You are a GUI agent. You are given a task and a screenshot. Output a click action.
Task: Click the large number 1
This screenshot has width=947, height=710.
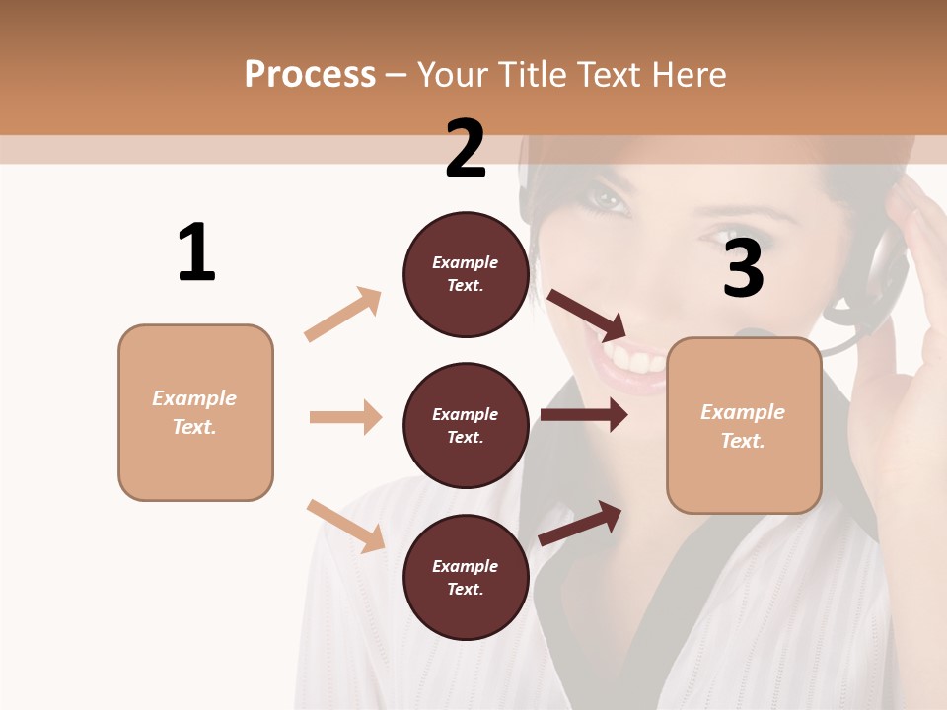click(x=196, y=253)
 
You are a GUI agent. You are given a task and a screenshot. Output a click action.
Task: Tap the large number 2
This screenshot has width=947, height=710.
click(x=466, y=149)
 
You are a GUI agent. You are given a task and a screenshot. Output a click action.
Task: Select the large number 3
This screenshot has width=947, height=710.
click(x=744, y=267)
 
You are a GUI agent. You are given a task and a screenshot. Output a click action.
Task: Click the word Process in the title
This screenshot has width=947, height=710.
click(x=310, y=74)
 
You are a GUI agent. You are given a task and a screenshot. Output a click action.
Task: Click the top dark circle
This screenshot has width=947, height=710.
click(x=466, y=274)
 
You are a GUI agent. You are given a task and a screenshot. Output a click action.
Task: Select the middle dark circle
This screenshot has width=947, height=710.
click(x=466, y=425)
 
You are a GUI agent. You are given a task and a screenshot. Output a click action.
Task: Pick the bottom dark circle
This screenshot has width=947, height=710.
click(x=466, y=577)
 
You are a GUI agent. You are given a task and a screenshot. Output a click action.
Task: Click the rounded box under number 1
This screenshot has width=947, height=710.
click(x=195, y=412)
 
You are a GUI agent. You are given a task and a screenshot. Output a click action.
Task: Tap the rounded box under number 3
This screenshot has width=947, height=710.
click(x=744, y=425)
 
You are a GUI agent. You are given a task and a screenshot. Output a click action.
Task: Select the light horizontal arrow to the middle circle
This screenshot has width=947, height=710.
click(x=345, y=417)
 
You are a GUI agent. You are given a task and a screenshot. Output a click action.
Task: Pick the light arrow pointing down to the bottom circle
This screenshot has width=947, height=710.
click(x=345, y=526)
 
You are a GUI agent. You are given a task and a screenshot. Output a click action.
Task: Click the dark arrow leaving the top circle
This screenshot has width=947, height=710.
click(x=586, y=314)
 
